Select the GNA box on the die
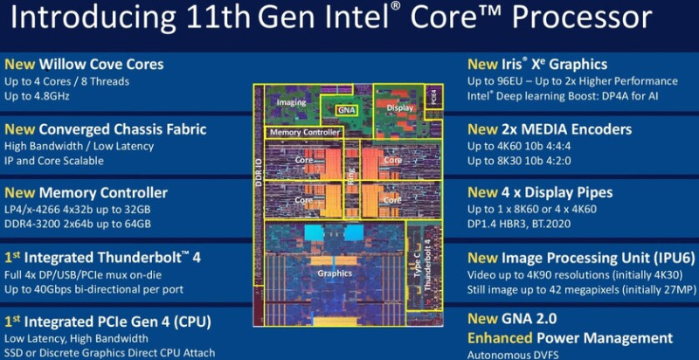click(347, 111)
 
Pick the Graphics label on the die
click(336, 272)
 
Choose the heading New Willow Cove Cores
click(84, 64)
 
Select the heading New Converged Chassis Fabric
click(106, 129)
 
